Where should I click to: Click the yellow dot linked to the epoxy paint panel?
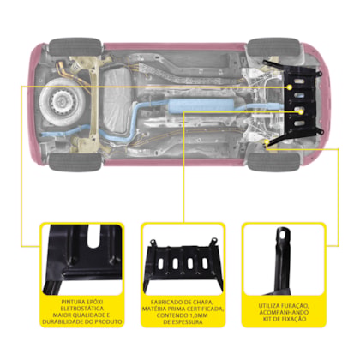(290, 87)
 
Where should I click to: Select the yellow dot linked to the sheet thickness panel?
(301, 112)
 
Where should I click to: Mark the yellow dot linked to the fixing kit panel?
(267, 141)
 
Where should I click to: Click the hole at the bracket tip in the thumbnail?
(283, 236)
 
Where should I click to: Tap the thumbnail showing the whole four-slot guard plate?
(183, 260)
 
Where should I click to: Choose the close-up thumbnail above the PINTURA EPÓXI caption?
(82, 260)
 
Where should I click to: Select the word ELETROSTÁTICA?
(82, 309)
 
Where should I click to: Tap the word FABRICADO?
(165, 302)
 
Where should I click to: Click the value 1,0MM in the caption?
(197, 315)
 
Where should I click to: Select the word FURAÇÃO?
(295, 305)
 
